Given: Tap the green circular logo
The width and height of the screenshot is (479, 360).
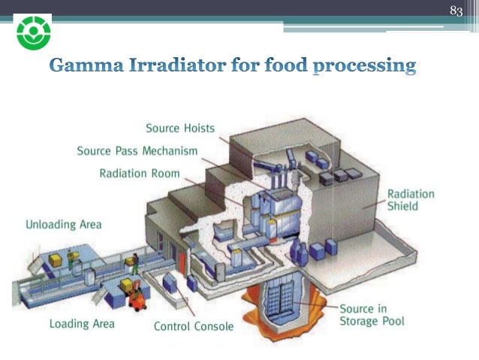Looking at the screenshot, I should coord(33,34).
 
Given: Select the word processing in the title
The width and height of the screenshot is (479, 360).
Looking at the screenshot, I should coord(362,67).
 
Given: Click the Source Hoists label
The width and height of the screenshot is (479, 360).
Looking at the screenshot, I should coord(179,128).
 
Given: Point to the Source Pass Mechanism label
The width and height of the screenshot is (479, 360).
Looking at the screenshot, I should coord(137,150).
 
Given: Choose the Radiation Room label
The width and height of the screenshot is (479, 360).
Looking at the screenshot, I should coord(140,174).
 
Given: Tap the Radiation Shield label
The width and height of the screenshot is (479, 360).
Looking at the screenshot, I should coord(410,199).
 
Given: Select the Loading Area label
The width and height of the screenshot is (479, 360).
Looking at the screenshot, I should coord(82,324).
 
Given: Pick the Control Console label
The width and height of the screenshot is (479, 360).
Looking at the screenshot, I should coord(194,327).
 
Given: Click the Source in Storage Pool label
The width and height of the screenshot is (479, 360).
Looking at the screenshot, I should coord(372,315).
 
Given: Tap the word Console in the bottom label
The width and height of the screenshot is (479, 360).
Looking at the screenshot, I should coord(213,327).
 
